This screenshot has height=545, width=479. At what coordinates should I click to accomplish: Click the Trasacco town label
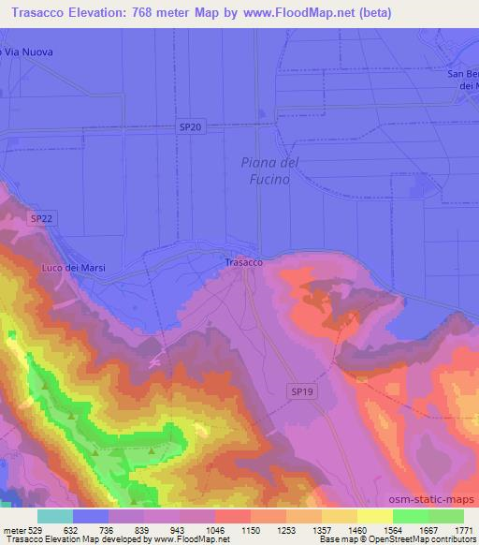[x=243, y=263]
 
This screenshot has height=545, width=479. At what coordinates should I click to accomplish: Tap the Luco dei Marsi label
[x=74, y=268]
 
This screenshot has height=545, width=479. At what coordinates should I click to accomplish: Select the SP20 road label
[x=190, y=126]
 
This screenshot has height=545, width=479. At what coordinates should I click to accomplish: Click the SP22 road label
[x=41, y=218]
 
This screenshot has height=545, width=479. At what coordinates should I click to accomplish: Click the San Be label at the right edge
[x=462, y=75]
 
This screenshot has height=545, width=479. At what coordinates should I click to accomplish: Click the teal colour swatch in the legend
[x=55, y=516]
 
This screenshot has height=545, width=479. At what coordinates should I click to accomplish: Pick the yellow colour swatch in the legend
[x=375, y=516]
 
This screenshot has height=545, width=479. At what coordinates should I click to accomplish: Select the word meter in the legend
[x=13, y=529]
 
